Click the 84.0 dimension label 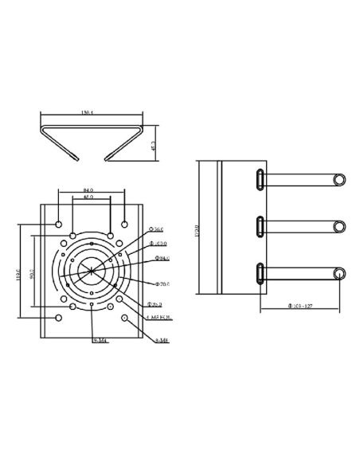tap(89, 189)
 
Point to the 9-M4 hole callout tap(100, 340)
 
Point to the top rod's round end tap(339, 179)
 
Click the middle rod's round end tap(339, 227)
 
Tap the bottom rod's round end tap(339, 275)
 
